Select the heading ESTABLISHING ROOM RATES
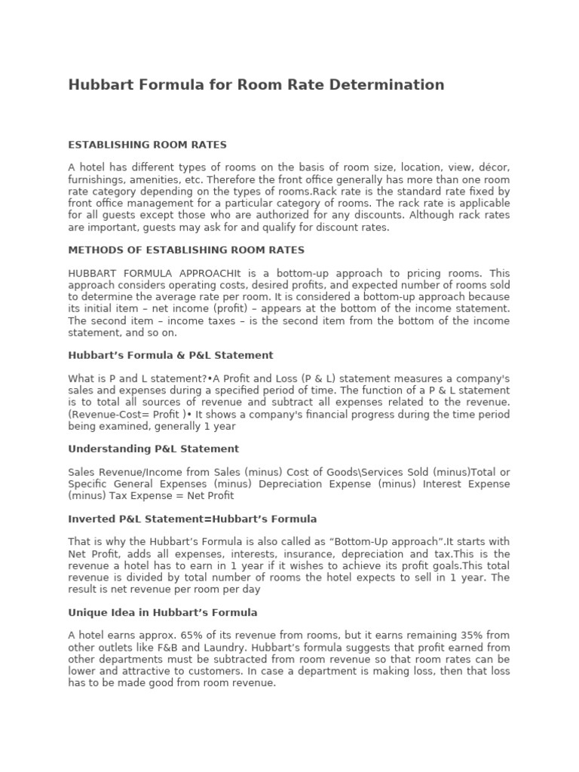pos(147,144)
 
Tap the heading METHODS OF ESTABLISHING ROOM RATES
pos(186,250)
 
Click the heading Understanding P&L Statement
pos(153,449)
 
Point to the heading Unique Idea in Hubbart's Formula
pos(163,612)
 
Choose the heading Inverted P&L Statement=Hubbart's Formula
pos(192,519)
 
